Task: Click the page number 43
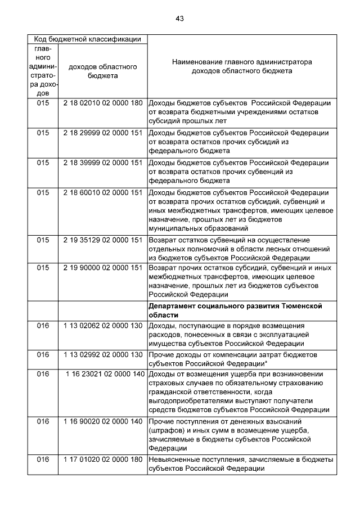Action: click(179, 19)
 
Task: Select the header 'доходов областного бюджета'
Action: click(102, 71)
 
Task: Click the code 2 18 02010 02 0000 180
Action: click(102, 103)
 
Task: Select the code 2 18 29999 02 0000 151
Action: click(102, 133)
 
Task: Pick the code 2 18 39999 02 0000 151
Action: click(102, 163)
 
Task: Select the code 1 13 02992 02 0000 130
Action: click(102, 355)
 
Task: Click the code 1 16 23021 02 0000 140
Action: click(105, 374)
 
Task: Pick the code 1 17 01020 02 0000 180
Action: click(102, 460)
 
